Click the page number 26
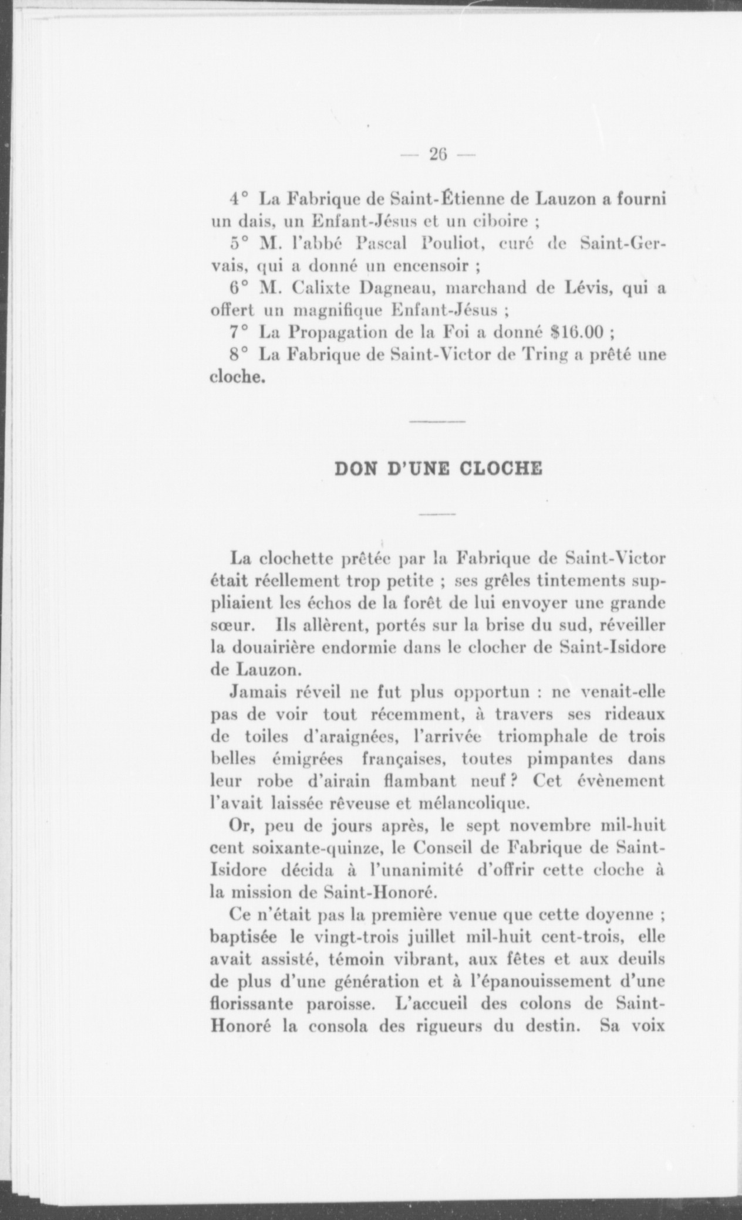(438, 154)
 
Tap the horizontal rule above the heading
(437, 422)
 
